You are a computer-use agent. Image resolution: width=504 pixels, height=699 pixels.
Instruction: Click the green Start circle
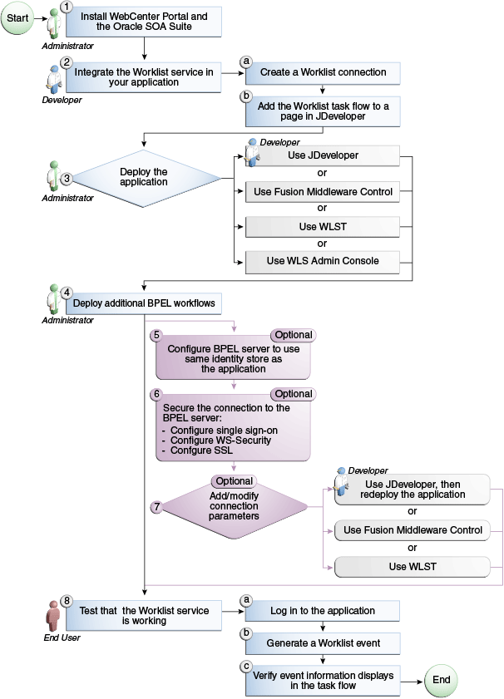18,17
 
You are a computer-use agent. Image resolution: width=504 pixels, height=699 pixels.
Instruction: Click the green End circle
441,680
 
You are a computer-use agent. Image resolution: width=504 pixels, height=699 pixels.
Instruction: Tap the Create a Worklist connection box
323,72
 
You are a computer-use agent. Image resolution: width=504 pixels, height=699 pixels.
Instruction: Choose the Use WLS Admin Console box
323,261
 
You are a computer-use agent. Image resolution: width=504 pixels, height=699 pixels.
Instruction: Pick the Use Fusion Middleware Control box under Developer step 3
323,192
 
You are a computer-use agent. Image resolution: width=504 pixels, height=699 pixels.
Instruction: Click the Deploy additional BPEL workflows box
144,303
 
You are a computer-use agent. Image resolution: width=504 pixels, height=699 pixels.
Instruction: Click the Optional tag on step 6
293,394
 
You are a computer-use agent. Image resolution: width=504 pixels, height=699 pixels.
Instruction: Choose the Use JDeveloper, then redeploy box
414,490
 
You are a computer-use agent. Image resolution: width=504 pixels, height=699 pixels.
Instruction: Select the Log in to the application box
323,611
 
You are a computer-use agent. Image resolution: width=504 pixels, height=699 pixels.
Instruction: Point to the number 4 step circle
67,292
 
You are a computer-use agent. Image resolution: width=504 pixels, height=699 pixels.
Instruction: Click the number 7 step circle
156,506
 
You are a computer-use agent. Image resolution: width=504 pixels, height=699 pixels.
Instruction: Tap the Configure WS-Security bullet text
220,441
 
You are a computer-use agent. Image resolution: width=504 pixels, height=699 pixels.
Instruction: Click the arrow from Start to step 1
40,17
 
